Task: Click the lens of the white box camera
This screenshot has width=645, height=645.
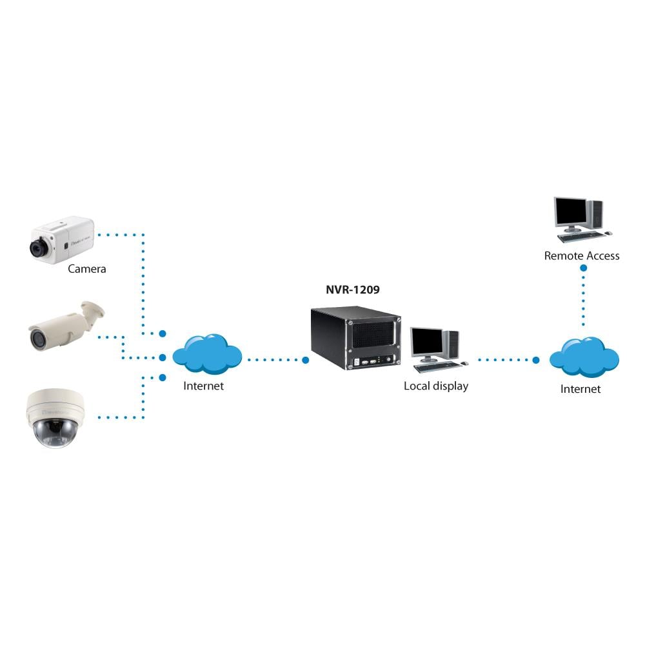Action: point(37,247)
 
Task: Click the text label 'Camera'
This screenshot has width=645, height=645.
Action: point(86,269)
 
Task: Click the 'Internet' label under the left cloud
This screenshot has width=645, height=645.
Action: point(204,386)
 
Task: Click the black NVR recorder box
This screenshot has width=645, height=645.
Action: point(355,339)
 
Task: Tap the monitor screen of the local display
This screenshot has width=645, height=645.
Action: point(426,342)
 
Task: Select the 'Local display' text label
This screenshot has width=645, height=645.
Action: point(436,386)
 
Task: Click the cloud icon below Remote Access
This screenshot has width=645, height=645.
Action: point(584,357)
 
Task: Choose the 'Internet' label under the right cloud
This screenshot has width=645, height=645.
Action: point(580,389)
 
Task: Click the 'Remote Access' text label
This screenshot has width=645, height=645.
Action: point(582,256)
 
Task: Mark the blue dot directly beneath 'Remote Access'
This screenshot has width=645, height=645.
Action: point(583,267)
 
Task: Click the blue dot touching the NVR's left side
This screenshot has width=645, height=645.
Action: point(306,360)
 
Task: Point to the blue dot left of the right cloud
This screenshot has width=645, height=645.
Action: point(535,360)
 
